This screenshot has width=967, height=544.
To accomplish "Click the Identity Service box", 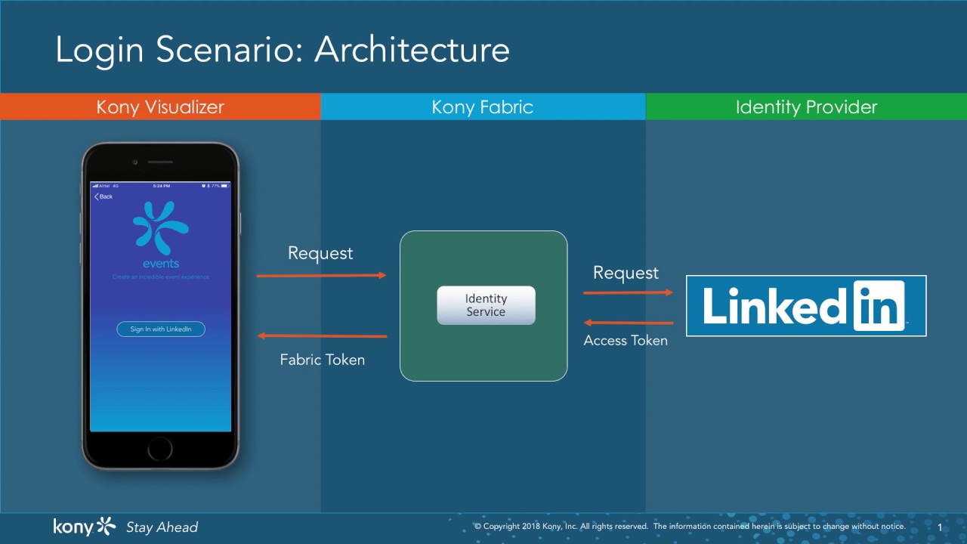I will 486,305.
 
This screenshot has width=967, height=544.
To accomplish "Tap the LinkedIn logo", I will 805,305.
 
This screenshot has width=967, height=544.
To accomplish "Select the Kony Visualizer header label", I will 160,107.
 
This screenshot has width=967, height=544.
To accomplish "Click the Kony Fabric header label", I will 482,107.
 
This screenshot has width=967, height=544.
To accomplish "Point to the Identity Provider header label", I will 806,107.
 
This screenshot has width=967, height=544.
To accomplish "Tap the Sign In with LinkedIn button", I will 161,329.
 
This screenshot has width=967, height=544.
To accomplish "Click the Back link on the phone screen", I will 103,196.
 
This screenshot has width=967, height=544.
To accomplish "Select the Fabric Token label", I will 323,360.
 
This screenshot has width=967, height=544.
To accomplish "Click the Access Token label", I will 626,341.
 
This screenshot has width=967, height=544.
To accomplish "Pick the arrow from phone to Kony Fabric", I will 322,276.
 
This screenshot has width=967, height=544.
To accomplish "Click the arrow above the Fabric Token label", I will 322,335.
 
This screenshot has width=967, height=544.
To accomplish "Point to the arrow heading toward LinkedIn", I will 628,292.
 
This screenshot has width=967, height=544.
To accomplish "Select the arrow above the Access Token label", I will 628,322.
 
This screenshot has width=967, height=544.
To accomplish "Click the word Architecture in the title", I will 412,51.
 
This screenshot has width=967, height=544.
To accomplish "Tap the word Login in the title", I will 100,51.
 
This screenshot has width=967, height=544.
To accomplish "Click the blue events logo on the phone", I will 160,227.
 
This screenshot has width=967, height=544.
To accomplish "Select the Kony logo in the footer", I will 84,526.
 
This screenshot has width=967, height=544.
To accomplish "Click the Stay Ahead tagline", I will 162,527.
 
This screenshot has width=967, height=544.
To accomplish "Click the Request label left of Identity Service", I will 320,253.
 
